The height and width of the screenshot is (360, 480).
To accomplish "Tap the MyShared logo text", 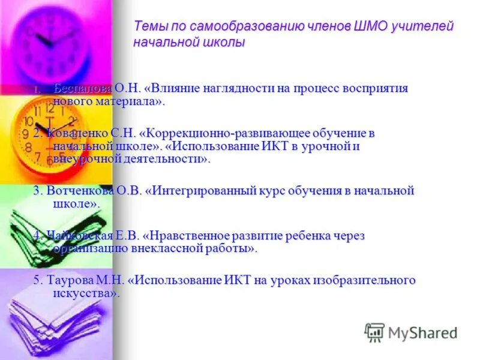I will click(422, 332).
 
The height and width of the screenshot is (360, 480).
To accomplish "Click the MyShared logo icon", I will click(374, 332).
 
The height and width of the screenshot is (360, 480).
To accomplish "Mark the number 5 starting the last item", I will click(36, 281).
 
